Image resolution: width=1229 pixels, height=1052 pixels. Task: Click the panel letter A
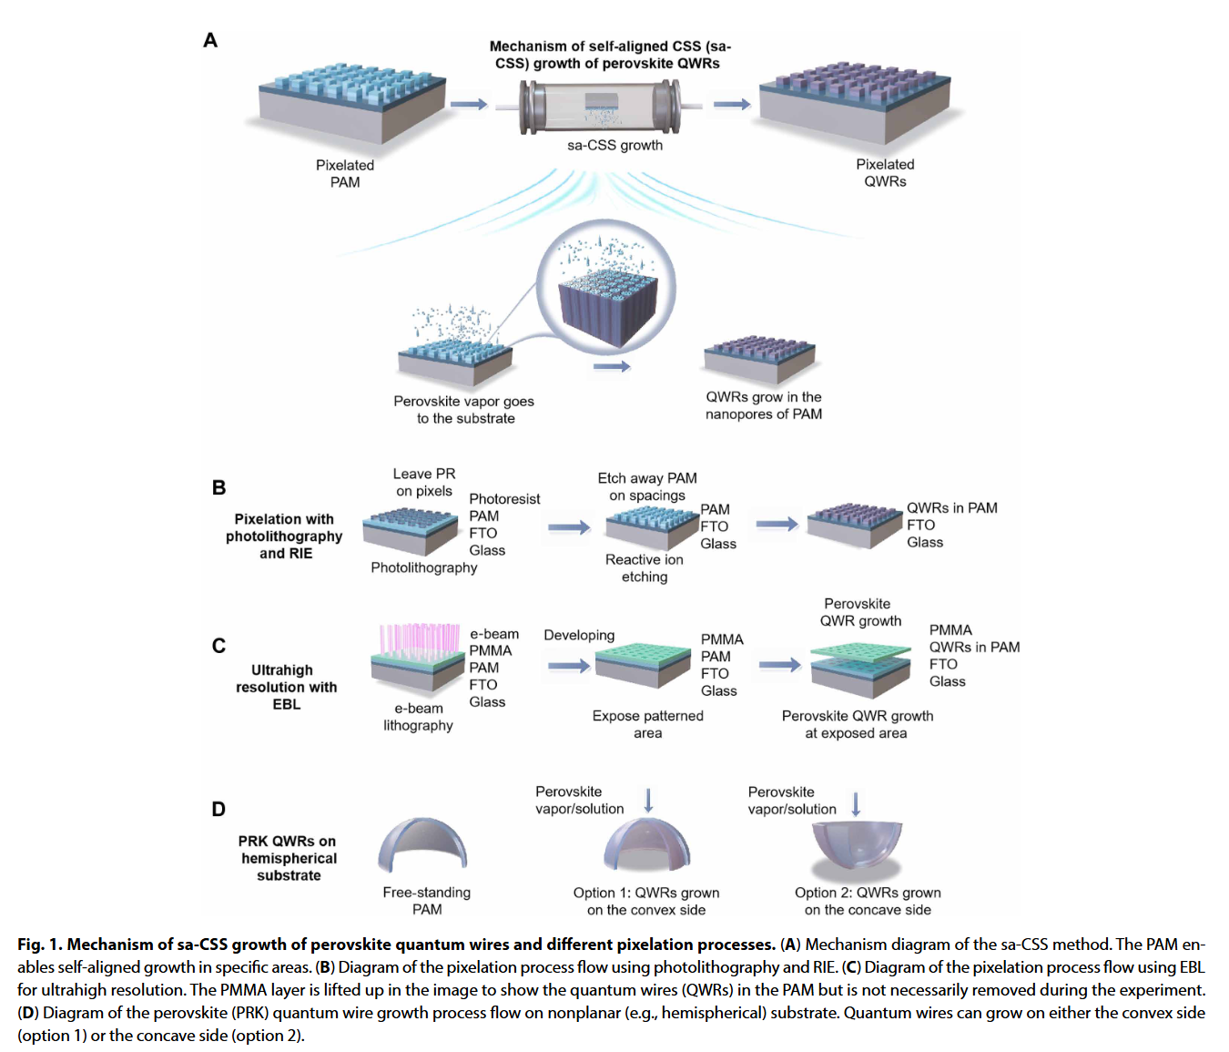pyautogui.click(x=210, y=41)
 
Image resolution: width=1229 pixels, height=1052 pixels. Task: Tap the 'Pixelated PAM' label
pyautogui.click(x=345, y=173)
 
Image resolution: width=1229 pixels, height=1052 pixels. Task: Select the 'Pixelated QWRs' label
pyautogui.click(x=885, y=172)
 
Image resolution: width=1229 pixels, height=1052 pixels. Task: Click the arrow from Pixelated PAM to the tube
pyautogui.click(x=469, y=105)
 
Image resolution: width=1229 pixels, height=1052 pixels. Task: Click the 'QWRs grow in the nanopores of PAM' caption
pyautogui.click(x=764, y=405)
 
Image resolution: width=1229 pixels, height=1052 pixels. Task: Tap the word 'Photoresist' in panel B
pyautogui.click(x=504, y=498)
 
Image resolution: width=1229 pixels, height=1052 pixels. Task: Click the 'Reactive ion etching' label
pyautogui.click(x=645, y=567)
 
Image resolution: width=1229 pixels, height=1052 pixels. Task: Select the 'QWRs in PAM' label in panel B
pyautogui.click(x=951, y=507)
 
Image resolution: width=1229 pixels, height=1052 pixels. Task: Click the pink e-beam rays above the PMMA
pyautogui.click(x=420, y=638)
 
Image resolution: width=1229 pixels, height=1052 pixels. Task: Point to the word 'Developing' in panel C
pyautogui.click(x=579, y=635)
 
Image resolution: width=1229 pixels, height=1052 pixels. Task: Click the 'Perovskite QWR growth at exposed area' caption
pyautogui.click(x=857, y=724)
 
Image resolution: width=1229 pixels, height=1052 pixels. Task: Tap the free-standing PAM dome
pyautogui.click(x=422, y=843)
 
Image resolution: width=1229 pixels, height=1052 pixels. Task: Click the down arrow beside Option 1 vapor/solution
pyautogui.click(x=649, y=800)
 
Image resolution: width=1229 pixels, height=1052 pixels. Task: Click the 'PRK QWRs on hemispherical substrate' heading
pyautogui.click(x=288, y=858)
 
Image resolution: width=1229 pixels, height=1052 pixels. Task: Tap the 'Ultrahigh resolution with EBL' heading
pyautogui.click(x=286, y=687)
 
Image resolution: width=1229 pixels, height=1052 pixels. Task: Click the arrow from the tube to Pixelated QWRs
pyautogui.click(x=731, y=105)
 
